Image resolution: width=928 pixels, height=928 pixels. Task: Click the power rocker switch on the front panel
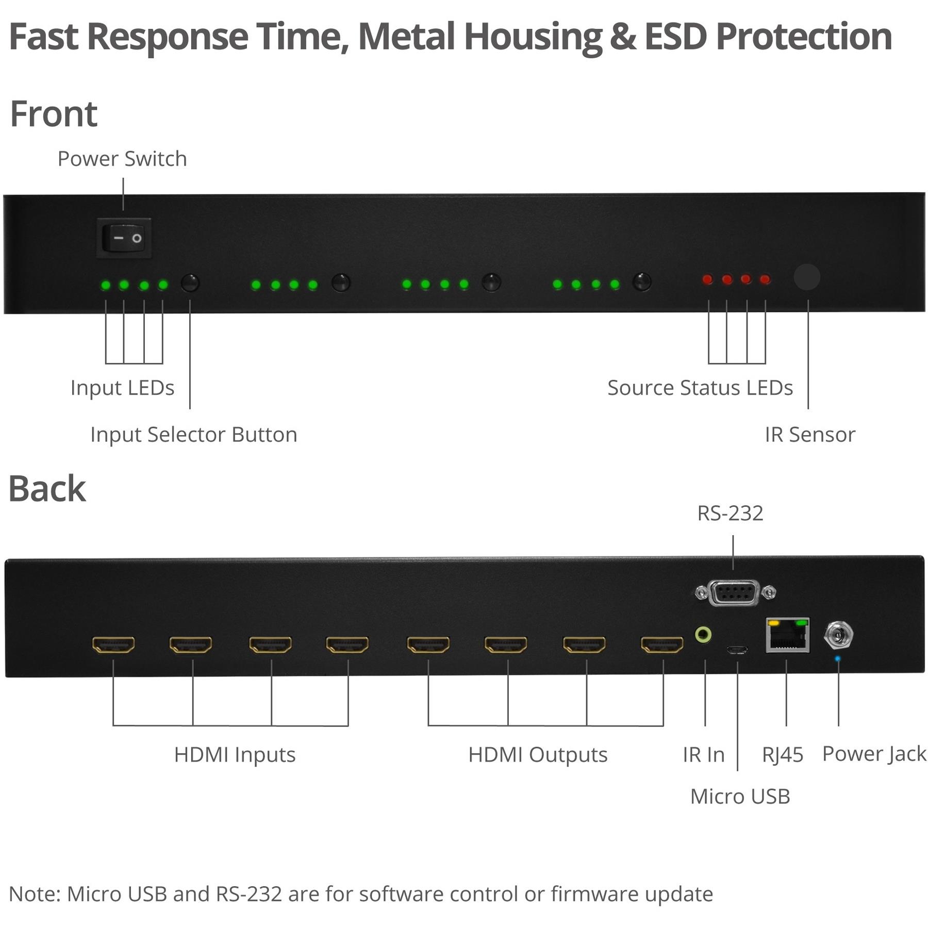124,238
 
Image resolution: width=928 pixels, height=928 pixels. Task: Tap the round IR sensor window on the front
807,277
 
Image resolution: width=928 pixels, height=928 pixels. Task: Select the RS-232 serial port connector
734,593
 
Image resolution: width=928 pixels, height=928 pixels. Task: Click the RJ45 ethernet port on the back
787,635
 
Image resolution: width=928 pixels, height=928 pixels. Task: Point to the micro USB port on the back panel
737,650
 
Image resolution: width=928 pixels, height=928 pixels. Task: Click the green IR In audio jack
703,634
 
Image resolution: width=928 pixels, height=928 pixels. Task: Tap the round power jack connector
838,635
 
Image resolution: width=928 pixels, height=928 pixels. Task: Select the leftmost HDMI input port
113,644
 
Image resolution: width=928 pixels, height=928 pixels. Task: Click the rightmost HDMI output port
662,644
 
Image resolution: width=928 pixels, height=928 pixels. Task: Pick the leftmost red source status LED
708,279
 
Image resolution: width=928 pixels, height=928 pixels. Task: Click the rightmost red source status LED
765,279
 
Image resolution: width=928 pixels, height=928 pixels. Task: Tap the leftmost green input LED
106,285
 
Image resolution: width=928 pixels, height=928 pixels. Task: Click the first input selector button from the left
190,283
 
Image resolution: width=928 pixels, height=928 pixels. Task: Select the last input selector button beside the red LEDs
642,282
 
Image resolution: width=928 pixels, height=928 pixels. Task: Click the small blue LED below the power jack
838,659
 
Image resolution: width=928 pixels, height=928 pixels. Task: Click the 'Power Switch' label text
122,159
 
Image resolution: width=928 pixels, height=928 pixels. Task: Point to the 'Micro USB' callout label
740,797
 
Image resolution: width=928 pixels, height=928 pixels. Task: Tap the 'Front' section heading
54,114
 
